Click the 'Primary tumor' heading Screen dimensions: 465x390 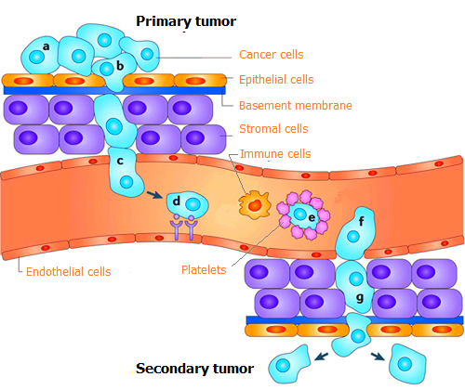[186, 21]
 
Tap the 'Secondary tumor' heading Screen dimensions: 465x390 [194, 369]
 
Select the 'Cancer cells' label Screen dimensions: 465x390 [271, 55]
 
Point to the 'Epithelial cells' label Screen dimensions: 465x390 [276, 80]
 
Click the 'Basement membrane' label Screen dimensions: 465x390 [296, 106]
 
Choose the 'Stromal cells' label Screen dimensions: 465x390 [273, 129]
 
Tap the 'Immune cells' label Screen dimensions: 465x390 [275, 154]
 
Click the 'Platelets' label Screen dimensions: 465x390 [204, 270]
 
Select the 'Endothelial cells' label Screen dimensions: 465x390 [69, 272]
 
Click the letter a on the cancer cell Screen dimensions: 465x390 [46, 46]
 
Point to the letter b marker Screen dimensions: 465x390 [120, 66]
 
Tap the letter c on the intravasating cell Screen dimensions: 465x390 [120, 162]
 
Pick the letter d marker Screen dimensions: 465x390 [177, 201]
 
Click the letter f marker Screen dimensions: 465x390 [362, 221]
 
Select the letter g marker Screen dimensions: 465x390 [360, 298]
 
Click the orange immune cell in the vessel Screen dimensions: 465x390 [255, 205]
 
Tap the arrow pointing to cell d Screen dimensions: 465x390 [154, 195]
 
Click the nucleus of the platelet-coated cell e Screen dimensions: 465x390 [299, 214]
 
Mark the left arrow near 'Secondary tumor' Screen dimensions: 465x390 [321, 357]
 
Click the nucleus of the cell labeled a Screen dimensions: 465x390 [36, 58]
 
